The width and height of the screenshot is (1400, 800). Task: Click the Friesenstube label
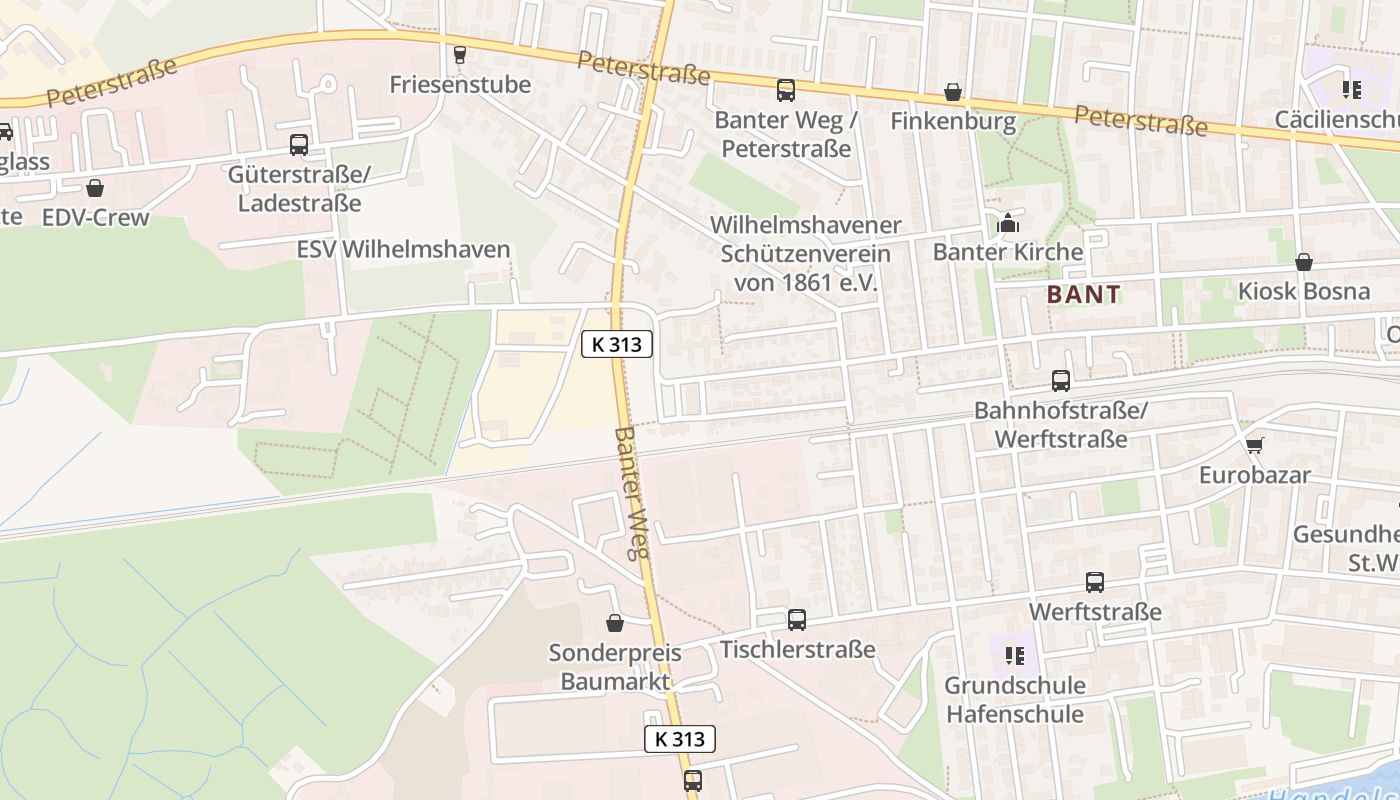(460, 84)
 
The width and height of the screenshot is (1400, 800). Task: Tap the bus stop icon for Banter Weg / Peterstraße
(786, 91)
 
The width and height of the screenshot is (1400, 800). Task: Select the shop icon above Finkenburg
(953, 93)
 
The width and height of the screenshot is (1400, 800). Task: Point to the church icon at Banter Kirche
(1007, 222)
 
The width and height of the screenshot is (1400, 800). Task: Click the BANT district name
(1084, 295)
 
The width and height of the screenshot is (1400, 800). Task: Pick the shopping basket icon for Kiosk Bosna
(1304, 262)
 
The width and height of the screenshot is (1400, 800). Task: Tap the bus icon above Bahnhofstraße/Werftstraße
(1061, 381)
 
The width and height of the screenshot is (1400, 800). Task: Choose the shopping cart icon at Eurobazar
(1254, 444)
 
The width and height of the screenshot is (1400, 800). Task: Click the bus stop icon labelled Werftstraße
(1095, 582)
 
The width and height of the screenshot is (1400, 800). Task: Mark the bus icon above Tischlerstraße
(797, 620)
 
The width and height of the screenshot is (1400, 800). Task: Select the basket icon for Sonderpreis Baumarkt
(615, 623)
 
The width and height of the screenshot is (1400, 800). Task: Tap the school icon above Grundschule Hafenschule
(1015, 656)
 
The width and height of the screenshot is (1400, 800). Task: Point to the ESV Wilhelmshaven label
(404, 249)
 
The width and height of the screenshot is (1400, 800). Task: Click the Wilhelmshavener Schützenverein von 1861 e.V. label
(805, 254)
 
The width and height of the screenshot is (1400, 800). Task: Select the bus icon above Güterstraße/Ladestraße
(299, 145)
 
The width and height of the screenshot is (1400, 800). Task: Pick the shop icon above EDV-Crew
(95, 188)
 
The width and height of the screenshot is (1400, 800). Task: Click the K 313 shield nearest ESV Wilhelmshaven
(617, 344)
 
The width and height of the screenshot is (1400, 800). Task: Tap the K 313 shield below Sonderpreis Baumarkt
(680, 739)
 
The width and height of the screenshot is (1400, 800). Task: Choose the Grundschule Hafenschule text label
(1015, 700)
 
